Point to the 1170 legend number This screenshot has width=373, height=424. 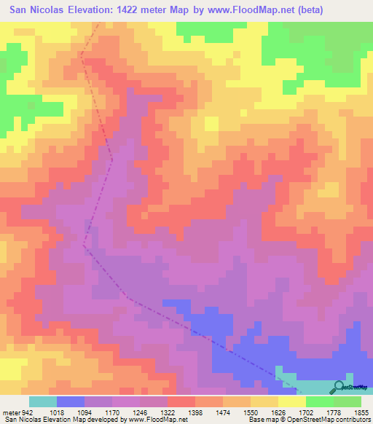[123, 411]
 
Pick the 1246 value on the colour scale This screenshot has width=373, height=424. [151, 411]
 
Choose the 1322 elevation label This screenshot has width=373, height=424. [178, 411]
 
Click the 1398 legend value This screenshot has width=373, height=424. [206, 411]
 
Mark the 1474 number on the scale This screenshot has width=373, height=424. [234, 411]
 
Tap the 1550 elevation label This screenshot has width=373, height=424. [262, 411]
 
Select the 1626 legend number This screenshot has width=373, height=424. [289, 411]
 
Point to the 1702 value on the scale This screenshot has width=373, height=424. [317, 411]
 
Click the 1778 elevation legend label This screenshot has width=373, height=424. [345, 411]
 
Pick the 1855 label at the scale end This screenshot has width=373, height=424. [362, 411]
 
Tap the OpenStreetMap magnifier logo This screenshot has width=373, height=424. [339, 386]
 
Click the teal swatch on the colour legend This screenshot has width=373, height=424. [43, 401]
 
